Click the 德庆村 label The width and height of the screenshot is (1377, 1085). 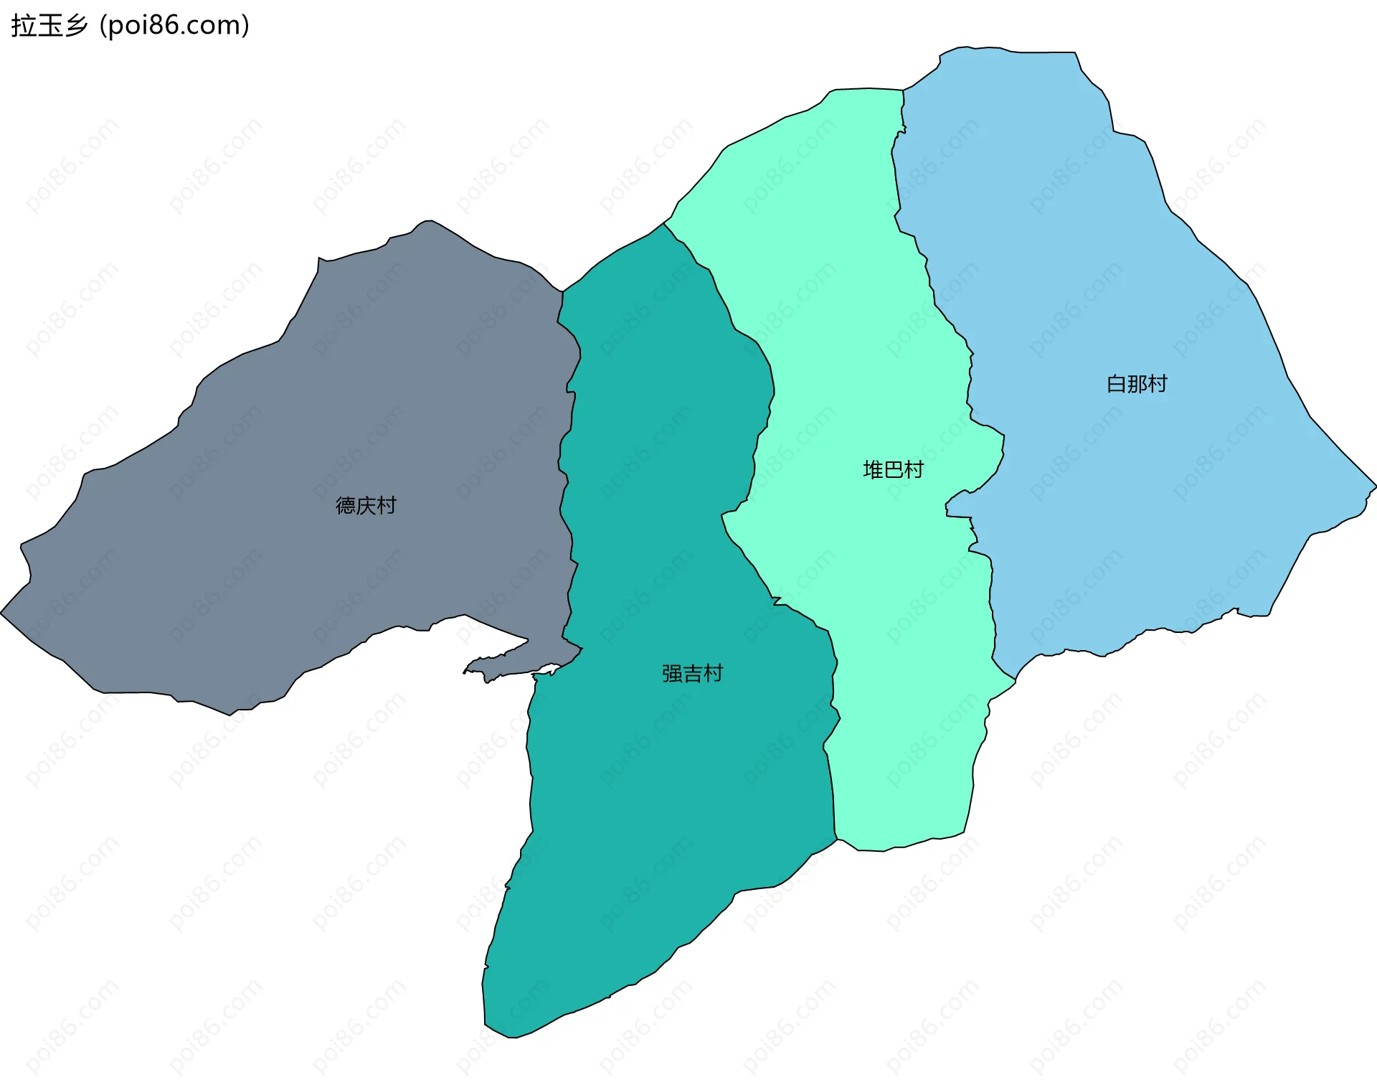[366, 506]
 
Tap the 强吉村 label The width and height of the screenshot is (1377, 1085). [692, 674]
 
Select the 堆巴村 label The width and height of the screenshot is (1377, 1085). [893, 470]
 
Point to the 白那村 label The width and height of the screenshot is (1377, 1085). [1137, 384]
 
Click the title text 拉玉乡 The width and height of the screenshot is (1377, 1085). [49, 26]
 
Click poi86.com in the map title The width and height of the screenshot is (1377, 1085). [174, 26]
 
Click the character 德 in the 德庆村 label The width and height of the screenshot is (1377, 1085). [346, 506]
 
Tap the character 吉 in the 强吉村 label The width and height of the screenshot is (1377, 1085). [692, 674]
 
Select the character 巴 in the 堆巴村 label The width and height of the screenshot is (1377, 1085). [893, 470]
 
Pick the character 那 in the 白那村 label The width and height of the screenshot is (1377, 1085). [1137, 384]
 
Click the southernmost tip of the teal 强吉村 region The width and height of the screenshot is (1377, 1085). [511, 1038]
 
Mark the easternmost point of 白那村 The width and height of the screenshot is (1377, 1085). [1376, 487]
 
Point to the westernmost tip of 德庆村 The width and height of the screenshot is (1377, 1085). [1, 614]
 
